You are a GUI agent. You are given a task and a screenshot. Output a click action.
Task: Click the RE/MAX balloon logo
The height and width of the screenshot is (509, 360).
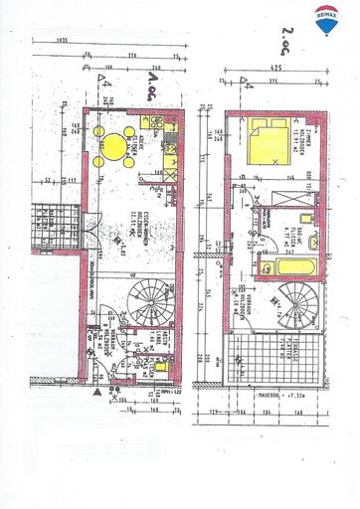325,20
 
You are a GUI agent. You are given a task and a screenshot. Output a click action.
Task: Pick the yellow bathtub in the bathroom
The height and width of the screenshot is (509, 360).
288,267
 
